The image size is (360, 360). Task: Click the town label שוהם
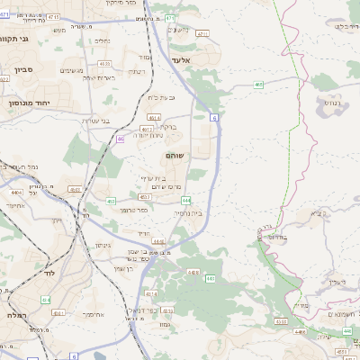coord(173,156)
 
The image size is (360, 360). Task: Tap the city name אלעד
coord(181,58)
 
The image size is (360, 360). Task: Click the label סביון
coord(25,68)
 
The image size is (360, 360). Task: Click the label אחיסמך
coord(93,314)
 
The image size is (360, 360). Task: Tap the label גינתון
coord(102,244)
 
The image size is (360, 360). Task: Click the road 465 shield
coord(258,85)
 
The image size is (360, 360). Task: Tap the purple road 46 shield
coord(120,139)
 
